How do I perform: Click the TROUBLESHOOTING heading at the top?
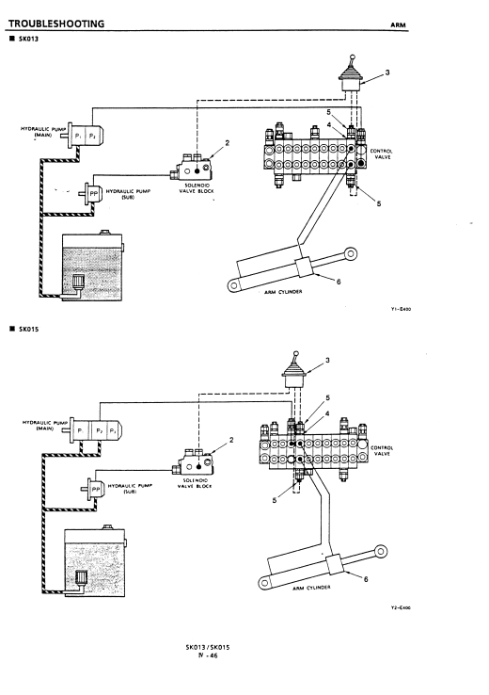coord(56,24)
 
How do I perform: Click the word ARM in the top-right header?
coord(398,25)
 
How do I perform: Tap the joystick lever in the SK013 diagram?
coord(351,75)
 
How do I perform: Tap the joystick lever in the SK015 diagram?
coord(293,371)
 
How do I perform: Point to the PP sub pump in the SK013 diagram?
coord(91,193)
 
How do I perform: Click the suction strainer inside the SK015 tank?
coord(82,578)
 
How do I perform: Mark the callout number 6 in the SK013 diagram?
coord(339,282)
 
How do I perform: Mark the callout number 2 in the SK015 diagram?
coord(231,440)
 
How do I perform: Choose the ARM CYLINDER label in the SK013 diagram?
coord(283,292)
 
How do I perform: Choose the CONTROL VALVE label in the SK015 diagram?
coord(382,451)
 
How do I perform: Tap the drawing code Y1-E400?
coord(401,309)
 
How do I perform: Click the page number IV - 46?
coord(208,656)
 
